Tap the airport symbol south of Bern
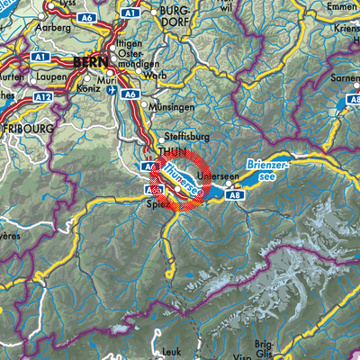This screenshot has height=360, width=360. click(111, 91)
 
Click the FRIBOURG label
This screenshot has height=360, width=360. click(22, 129)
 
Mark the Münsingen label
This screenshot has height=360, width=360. click(170, 106)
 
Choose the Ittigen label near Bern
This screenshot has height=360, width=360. click(131, 42)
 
